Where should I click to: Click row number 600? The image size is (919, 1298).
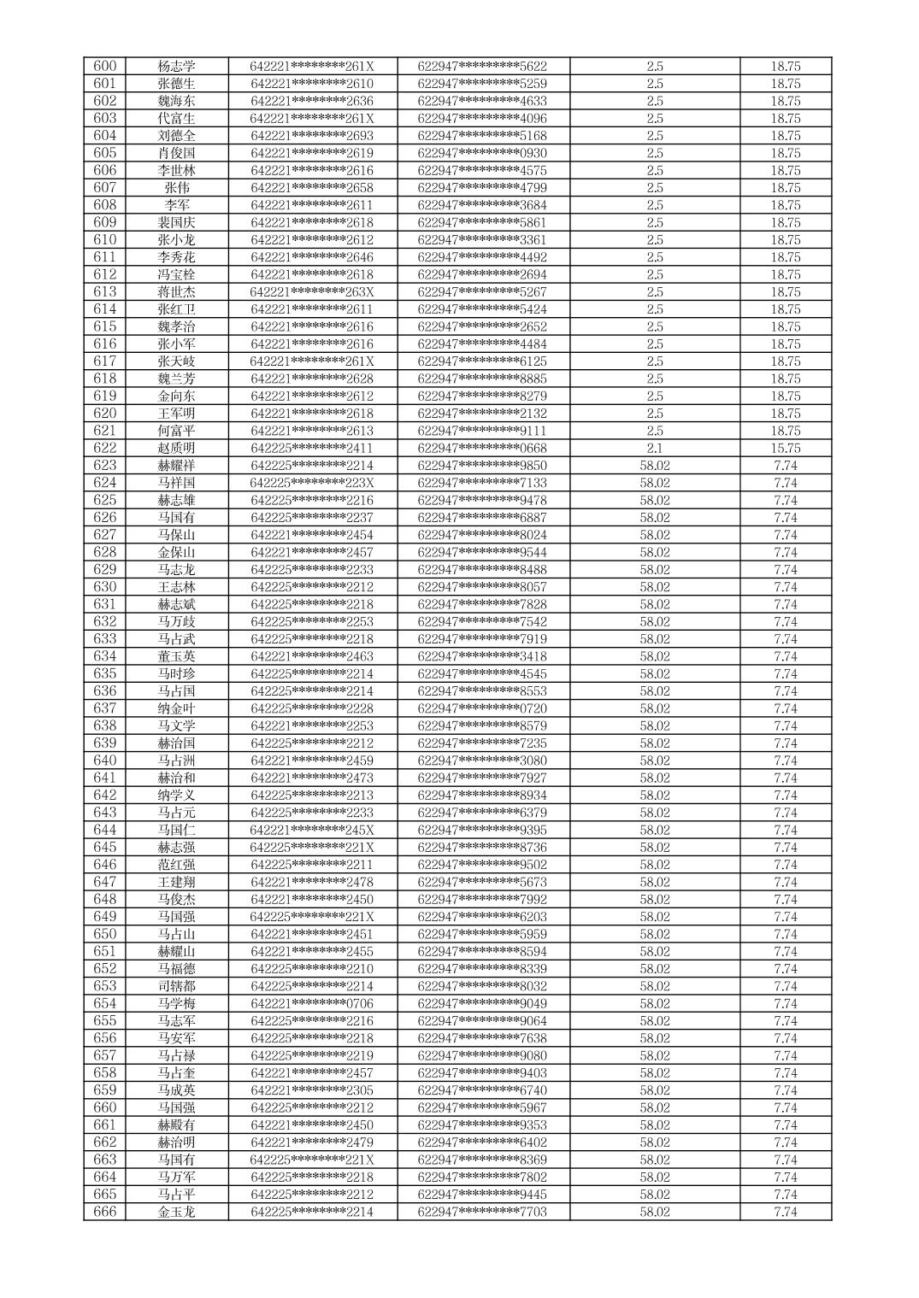point(104,67)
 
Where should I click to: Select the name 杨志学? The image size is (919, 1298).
point(176,67)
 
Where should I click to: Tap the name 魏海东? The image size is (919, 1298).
point(176,101)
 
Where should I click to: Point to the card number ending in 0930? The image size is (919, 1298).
point(482,153)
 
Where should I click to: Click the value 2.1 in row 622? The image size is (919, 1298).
point(655,448)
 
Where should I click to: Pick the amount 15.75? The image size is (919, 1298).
point(785,448)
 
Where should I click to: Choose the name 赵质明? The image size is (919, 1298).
point(176,448)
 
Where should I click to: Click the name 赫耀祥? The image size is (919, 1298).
point(176,466)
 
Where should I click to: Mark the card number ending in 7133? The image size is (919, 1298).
point(482,483)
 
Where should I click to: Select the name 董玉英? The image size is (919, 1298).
point(176,656)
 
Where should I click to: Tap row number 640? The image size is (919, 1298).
point(104,761)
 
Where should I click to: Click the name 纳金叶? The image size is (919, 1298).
point(176,708)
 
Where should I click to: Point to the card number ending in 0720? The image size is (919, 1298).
point(482,708)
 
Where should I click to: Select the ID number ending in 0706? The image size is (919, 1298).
point(312,1003)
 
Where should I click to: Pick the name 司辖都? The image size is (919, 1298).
point(176,986)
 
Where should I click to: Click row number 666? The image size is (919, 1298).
point(104,1212)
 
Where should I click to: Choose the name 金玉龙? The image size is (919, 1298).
point(176,1212)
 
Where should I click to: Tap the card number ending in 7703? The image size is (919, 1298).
point(482,1212)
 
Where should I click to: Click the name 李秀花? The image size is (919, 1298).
point(176,257)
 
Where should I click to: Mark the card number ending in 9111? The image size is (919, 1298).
point(482,431)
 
